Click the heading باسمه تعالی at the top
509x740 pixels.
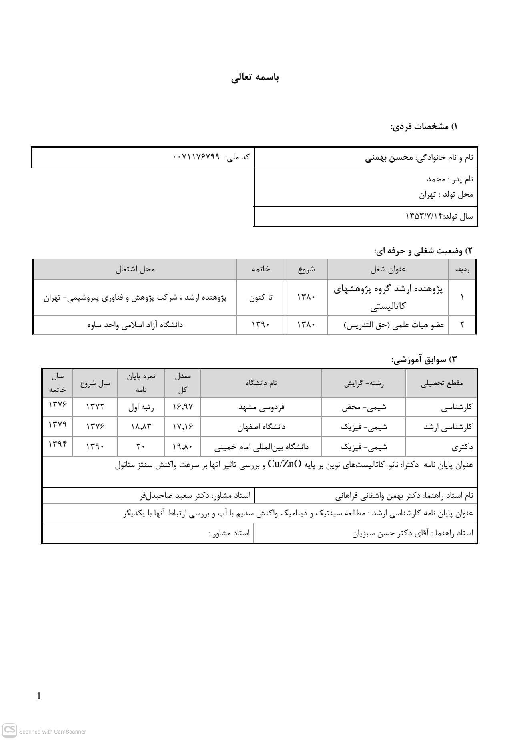[x=255, y=78]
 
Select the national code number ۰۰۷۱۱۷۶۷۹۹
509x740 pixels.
[x=196, y=157]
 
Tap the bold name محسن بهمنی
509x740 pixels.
[x=389, y=157]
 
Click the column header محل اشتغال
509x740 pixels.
[x=135, y=269]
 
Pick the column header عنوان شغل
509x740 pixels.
[x=388, y=269]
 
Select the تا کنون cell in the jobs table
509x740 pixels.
[x=261, y=298]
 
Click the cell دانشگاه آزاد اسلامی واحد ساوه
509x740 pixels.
[x=135, y=324]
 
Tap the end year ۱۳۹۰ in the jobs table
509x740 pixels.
[x=261, y=324]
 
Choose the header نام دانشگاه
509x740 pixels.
[x=261, y=383]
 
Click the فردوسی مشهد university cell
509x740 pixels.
[x=261, y=407]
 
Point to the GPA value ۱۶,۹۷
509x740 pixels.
[x=182, y=407]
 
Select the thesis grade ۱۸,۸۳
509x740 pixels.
[x=141, y=427]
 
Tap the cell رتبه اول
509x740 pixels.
[x=141, y=407]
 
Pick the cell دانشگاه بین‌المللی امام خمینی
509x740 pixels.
[x=261, y=446]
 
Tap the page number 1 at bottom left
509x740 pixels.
[x=39, y=696]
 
